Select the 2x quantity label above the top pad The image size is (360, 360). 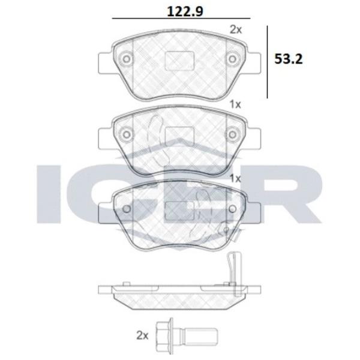[x=236, y=28]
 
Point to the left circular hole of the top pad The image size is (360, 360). [x=126, y=59]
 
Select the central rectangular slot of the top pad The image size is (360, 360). [x=178, y=61]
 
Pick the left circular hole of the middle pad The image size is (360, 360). [x=126, y=134]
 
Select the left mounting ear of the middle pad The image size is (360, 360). [x=103, y=137]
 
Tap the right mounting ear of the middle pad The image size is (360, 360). [x=254, y=137]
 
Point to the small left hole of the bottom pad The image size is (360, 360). [x=127, y=208]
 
